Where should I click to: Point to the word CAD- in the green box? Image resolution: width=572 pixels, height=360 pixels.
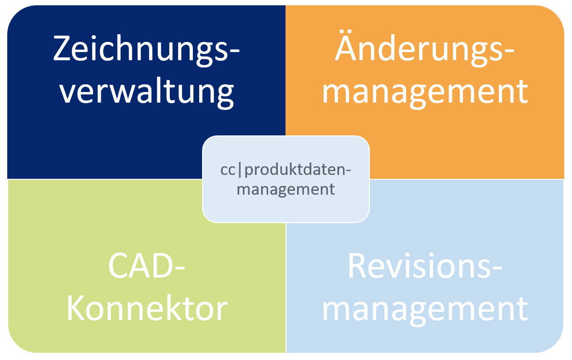[146, 267]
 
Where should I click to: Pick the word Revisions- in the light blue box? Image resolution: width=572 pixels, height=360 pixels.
[424, 267]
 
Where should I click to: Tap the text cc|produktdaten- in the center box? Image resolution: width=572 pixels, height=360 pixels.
[286, 171]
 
